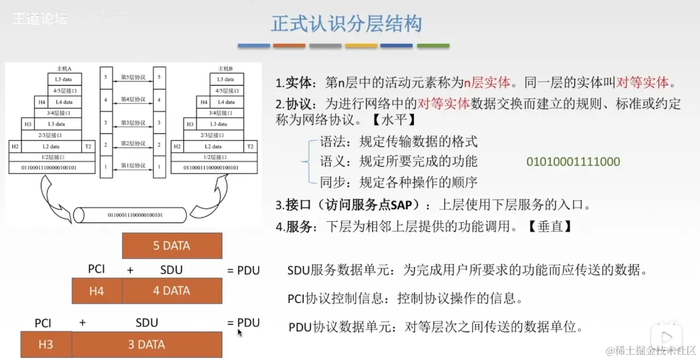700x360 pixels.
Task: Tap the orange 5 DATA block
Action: tap(172, 246)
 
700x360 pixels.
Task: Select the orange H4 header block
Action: tap(96, 291)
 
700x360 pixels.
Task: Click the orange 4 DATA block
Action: tap(172, 291)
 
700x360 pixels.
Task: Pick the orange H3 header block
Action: tap(46, 345)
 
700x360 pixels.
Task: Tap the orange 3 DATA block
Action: tap(146, 345)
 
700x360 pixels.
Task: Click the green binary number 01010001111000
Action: tap(573, 162)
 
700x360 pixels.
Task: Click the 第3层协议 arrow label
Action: tap(133, 123)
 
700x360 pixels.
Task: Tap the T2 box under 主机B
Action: tap(250, 146)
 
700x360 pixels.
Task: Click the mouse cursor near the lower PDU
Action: tap(239, 332)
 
